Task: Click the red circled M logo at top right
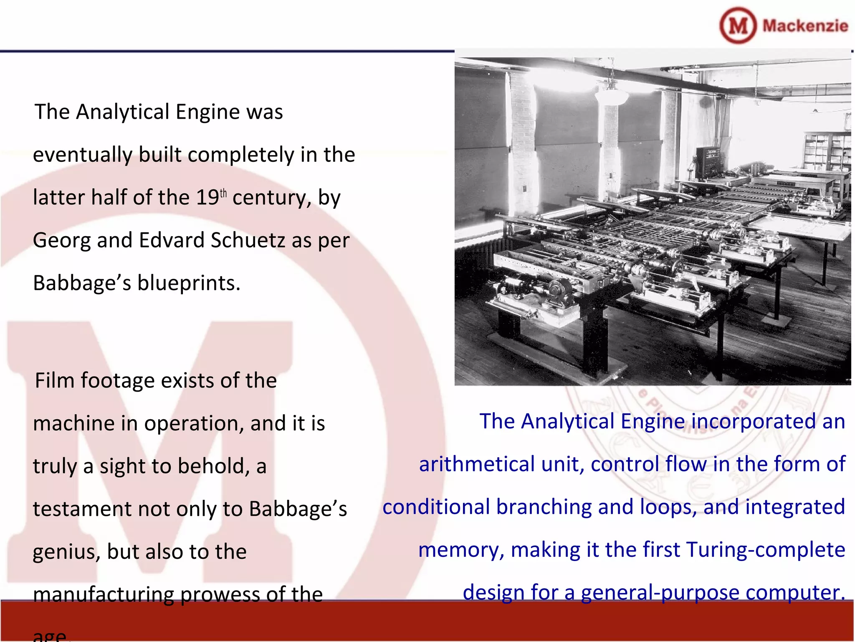click(x=738, y=25)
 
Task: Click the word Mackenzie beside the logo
click(x=805, y=26)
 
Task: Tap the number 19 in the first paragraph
click(x=207, y=198)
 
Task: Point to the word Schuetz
click(x=248, y=240)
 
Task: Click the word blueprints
click(x=189, y=283)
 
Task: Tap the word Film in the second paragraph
click(x=54, y=381)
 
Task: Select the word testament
click(x=82, y=509)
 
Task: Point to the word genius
click(x=66, y=552)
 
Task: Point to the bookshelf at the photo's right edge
click(x=827, y=150)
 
